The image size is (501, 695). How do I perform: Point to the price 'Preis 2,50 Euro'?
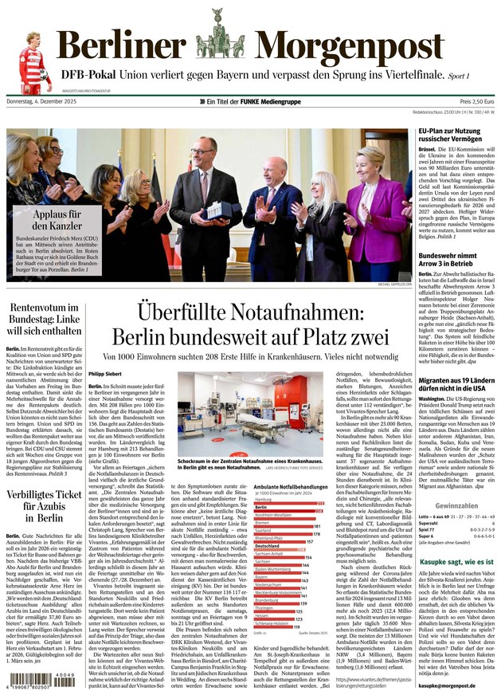(x=476, y=102)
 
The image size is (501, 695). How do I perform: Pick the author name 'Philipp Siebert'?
(x=106, y=373)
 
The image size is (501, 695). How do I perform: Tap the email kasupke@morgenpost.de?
(x=448, y=685)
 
